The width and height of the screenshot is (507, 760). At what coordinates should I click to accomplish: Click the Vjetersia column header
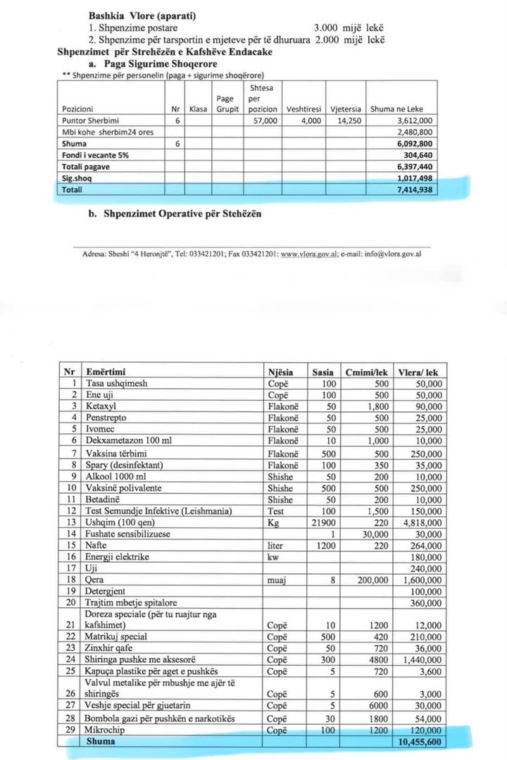click(345, 109)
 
